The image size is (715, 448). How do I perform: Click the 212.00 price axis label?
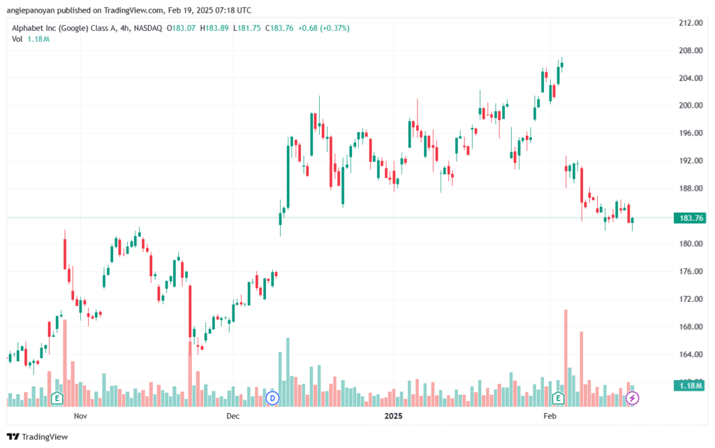(691, 23)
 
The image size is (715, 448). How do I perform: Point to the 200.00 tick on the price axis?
(691, 106)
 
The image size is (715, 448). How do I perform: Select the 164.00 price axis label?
(691, 354)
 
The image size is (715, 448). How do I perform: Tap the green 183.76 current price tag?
(691, 218)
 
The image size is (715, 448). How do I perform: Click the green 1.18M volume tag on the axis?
(690, 386)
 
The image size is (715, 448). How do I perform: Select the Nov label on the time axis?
(80, 416)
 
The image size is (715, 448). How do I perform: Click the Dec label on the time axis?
(233, 416)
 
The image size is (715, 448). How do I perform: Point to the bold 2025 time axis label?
(394, 416)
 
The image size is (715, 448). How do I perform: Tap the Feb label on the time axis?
(550, 416)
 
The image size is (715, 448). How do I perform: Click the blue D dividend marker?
(272, 398)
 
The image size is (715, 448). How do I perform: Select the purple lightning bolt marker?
(632, 398)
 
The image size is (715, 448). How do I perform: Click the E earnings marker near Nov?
(57, 398)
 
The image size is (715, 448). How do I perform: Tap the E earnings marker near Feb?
(558, 398)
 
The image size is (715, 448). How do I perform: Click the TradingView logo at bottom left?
(38, 437)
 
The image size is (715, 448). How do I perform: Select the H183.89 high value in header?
(214, 28)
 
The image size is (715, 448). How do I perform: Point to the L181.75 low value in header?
(246, 28)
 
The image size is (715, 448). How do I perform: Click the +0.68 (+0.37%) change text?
(324, 28)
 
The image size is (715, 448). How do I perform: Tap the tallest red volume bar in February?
(566, 358)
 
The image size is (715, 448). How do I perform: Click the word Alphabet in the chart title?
(27, 28)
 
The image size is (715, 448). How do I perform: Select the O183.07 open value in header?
(181, 28)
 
